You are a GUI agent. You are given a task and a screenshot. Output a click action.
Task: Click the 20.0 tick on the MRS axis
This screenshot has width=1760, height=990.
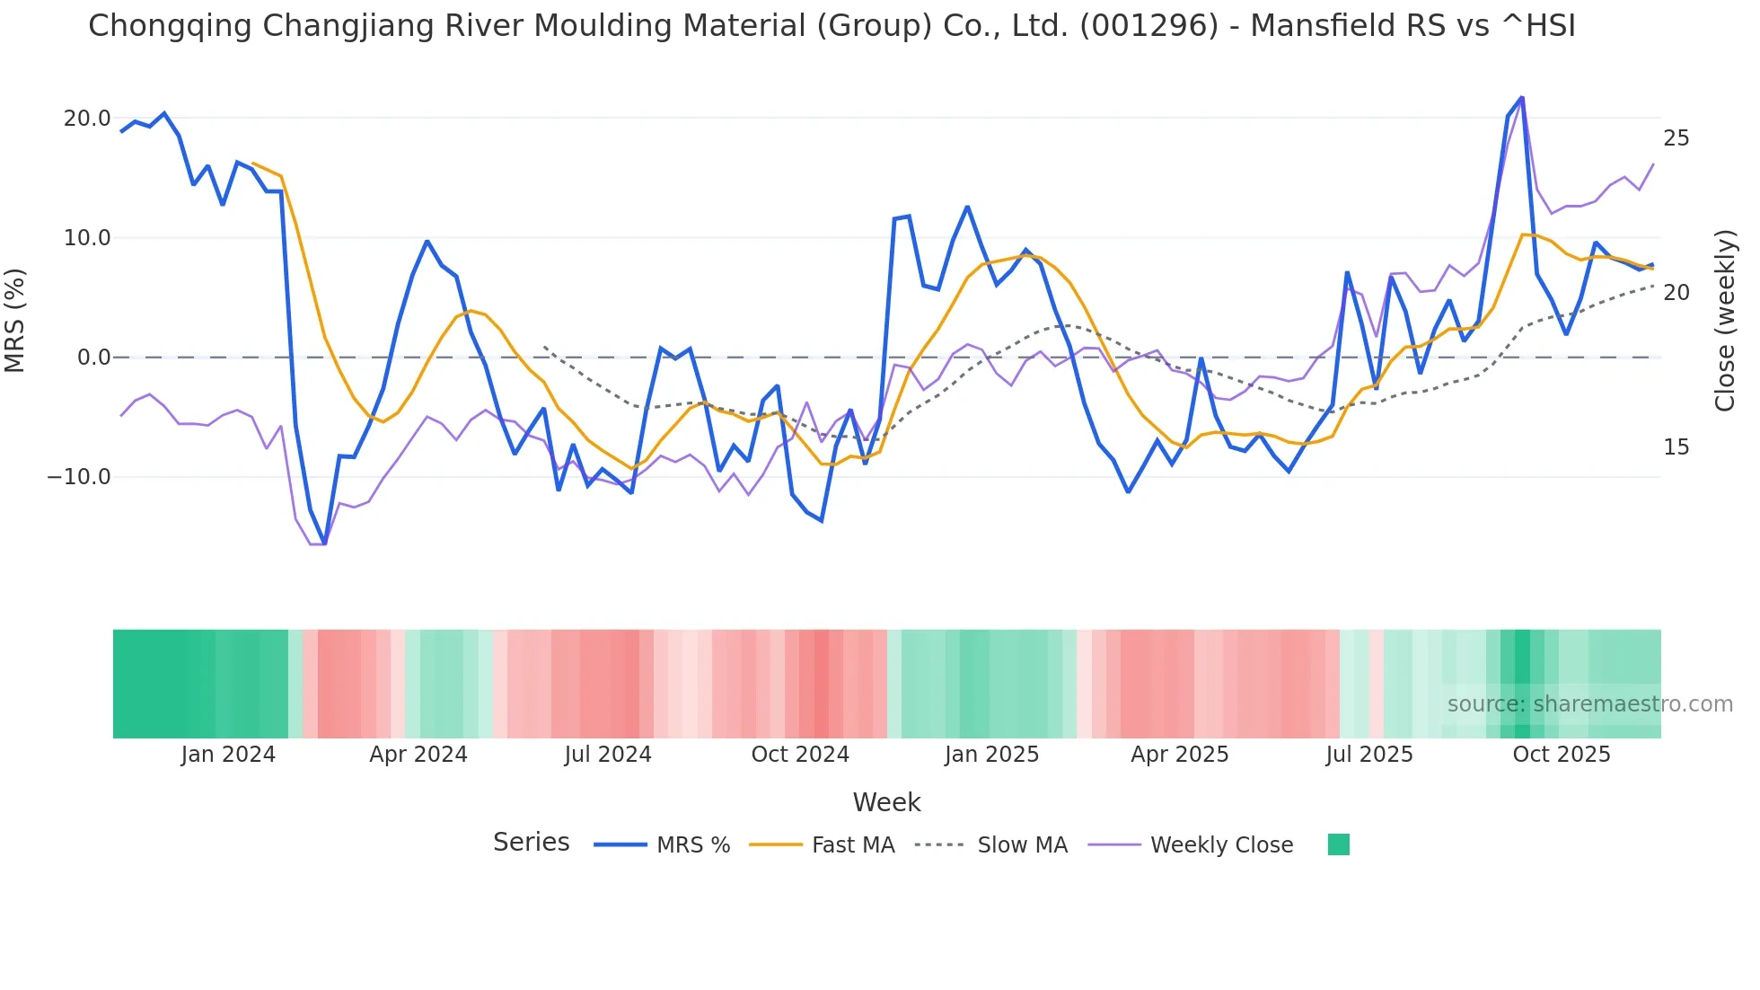coord(86,119)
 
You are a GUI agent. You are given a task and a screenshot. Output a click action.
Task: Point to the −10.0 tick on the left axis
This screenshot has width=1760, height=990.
coord(79,477)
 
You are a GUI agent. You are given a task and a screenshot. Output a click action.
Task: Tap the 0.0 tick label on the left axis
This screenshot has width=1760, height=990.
coord(93,358)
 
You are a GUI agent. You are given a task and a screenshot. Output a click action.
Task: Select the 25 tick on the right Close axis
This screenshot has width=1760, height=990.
coord(1676,138)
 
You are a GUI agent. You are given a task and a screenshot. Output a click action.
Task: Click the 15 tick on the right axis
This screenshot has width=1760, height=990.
coord(1676,447)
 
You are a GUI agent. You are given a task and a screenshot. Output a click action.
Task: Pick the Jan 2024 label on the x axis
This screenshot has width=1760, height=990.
coord(228,755)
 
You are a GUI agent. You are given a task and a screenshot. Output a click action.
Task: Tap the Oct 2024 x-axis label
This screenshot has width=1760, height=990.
coord(800,755)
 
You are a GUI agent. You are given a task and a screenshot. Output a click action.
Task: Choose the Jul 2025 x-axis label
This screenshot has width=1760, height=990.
coord(1368,755)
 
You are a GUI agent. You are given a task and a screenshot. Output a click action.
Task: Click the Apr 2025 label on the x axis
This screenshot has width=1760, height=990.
coord(1179,755)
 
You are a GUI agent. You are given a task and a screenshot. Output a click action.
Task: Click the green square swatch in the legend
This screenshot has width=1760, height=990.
coord(1338,844)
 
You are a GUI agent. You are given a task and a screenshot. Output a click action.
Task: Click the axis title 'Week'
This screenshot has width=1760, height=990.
coord(886,802)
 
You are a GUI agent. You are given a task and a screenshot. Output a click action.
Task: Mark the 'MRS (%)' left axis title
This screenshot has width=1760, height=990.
coord(15,320)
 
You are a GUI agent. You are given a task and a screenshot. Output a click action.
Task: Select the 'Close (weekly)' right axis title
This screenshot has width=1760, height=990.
coord(1724,320)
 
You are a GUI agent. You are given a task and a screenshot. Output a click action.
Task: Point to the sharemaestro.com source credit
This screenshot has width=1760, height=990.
coord(1589,704)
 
